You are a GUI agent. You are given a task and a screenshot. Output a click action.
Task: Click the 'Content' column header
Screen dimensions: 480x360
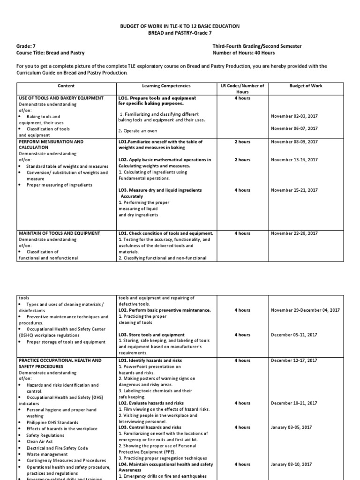click(66, 86)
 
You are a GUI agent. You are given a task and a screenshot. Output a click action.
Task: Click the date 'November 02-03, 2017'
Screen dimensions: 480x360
click(294, 116)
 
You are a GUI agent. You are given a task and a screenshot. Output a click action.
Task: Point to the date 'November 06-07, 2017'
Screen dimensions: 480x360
click(294, 128)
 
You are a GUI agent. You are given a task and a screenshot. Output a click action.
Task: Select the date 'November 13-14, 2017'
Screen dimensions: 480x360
click(294, 160)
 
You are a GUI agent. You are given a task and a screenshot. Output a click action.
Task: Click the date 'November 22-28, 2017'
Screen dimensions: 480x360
click(294, 233)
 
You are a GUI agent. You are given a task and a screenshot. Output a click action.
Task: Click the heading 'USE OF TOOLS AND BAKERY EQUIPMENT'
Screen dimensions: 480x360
click(61, 98)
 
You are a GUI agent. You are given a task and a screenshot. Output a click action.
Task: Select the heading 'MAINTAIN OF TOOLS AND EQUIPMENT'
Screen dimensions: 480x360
click(59, 233)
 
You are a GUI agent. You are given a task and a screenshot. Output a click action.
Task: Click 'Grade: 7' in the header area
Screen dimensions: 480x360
click(26, 46)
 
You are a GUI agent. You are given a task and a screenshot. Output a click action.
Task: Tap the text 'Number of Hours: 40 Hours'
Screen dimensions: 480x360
click(243, 53)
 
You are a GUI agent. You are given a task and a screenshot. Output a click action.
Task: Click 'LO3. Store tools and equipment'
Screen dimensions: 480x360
click(151, 335)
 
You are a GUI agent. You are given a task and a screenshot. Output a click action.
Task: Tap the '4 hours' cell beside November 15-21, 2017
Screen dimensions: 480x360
click(242, 190)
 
